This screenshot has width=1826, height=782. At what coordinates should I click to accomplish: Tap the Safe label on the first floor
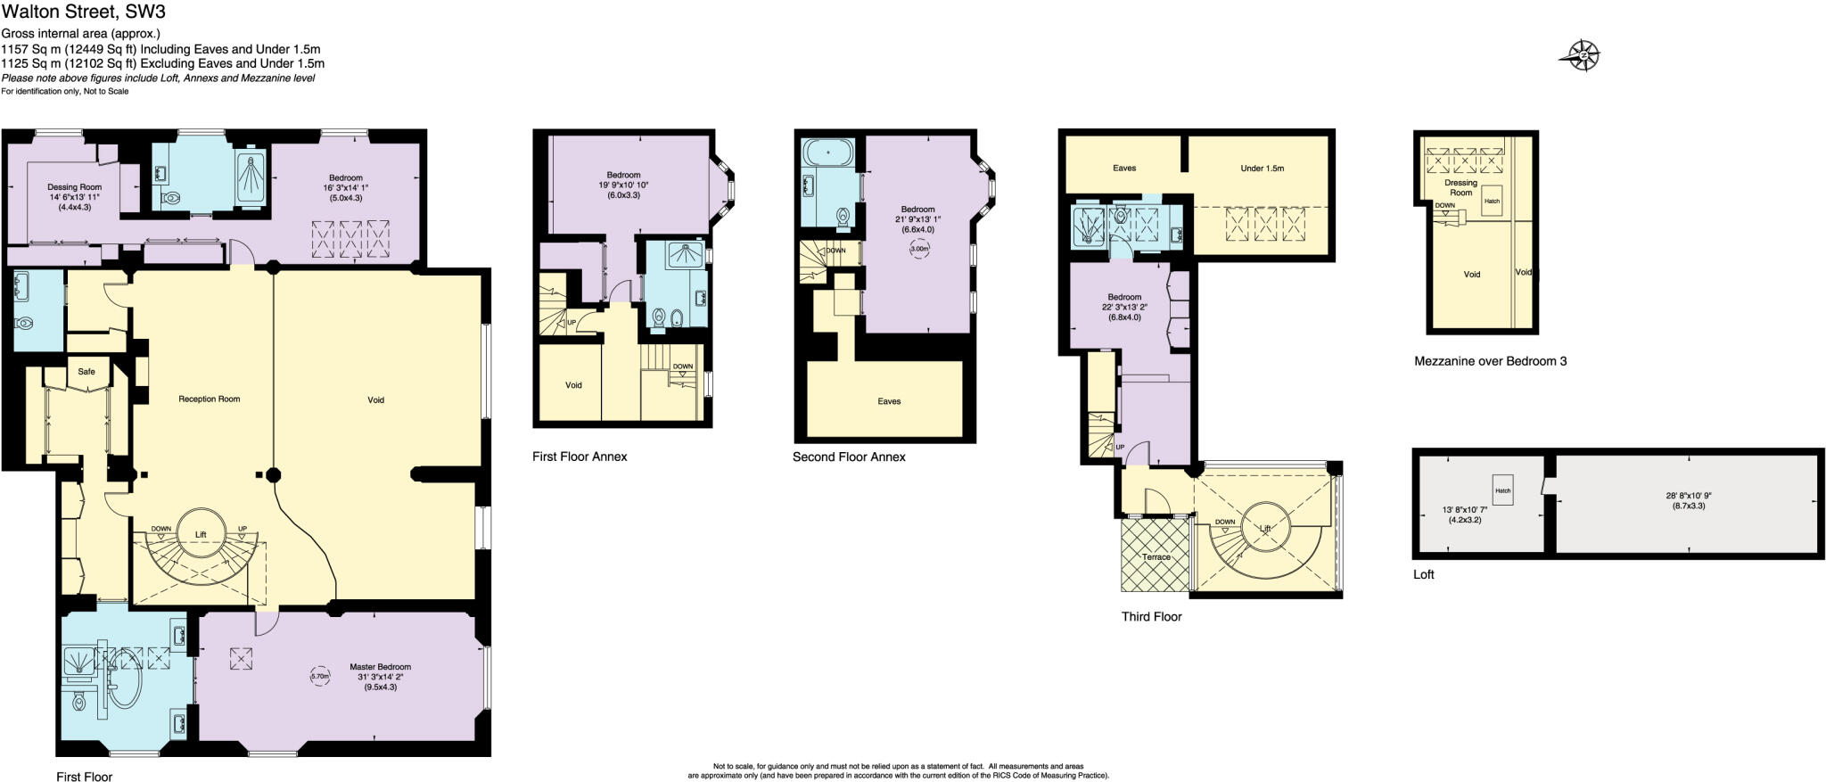click(x=86, y=371)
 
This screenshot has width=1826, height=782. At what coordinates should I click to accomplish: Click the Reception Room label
click(x=209, y=399)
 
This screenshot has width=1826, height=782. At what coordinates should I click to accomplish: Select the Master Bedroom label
click(x=380, y=667)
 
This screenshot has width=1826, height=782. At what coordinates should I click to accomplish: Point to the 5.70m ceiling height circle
click(x=320, y=676)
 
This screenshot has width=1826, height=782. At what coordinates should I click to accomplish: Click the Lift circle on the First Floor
click(x=201, y=534)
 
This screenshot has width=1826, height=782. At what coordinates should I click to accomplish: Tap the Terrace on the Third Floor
click(x=1156, y=556)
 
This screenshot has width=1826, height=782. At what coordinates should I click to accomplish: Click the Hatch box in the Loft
click(x=1502, y=490)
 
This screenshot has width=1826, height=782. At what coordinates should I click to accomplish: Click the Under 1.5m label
click(x=1262, y=168)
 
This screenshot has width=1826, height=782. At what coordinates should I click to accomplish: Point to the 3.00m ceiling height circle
click(x=918, y=250)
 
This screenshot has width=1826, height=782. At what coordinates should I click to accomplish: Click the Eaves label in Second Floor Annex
click(x=889, y=401)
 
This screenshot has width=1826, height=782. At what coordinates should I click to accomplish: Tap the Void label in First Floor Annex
click(x=573, y=385)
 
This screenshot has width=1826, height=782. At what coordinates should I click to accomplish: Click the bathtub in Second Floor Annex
click(x=827, y=153)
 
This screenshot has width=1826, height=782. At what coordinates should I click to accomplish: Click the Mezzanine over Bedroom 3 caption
click(x=1490, y=361)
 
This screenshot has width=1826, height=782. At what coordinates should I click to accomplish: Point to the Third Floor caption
click(x=1151, y=616)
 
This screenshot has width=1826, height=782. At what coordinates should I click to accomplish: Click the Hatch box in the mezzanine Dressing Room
click(x=1492, y=201)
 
